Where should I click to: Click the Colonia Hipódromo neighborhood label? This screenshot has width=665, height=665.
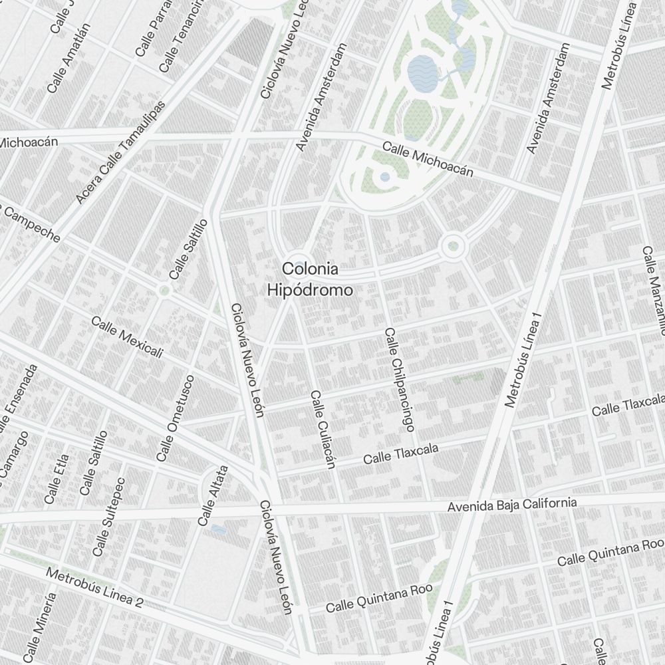309,279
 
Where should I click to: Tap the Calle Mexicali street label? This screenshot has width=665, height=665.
127,337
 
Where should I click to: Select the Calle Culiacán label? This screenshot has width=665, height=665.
321,430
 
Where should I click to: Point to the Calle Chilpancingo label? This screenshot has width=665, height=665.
399,376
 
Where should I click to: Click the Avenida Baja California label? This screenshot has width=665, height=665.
511,505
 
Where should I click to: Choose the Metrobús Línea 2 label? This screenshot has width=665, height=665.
95,587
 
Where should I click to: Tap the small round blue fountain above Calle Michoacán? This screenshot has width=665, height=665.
385,177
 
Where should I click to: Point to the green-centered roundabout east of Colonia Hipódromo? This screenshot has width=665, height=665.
453,246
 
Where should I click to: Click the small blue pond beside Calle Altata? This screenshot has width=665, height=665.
217,530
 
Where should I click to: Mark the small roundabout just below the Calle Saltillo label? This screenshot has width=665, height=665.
164,290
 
